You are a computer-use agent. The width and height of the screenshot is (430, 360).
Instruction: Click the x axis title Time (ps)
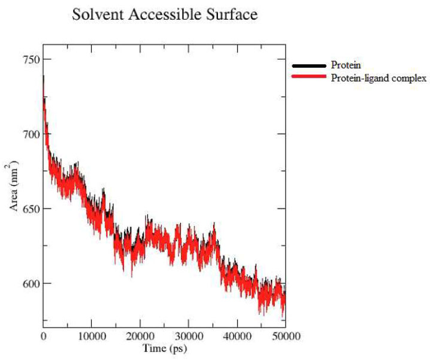(x=163, y=347)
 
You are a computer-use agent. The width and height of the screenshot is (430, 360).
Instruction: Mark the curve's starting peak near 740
(x=44, y=77)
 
